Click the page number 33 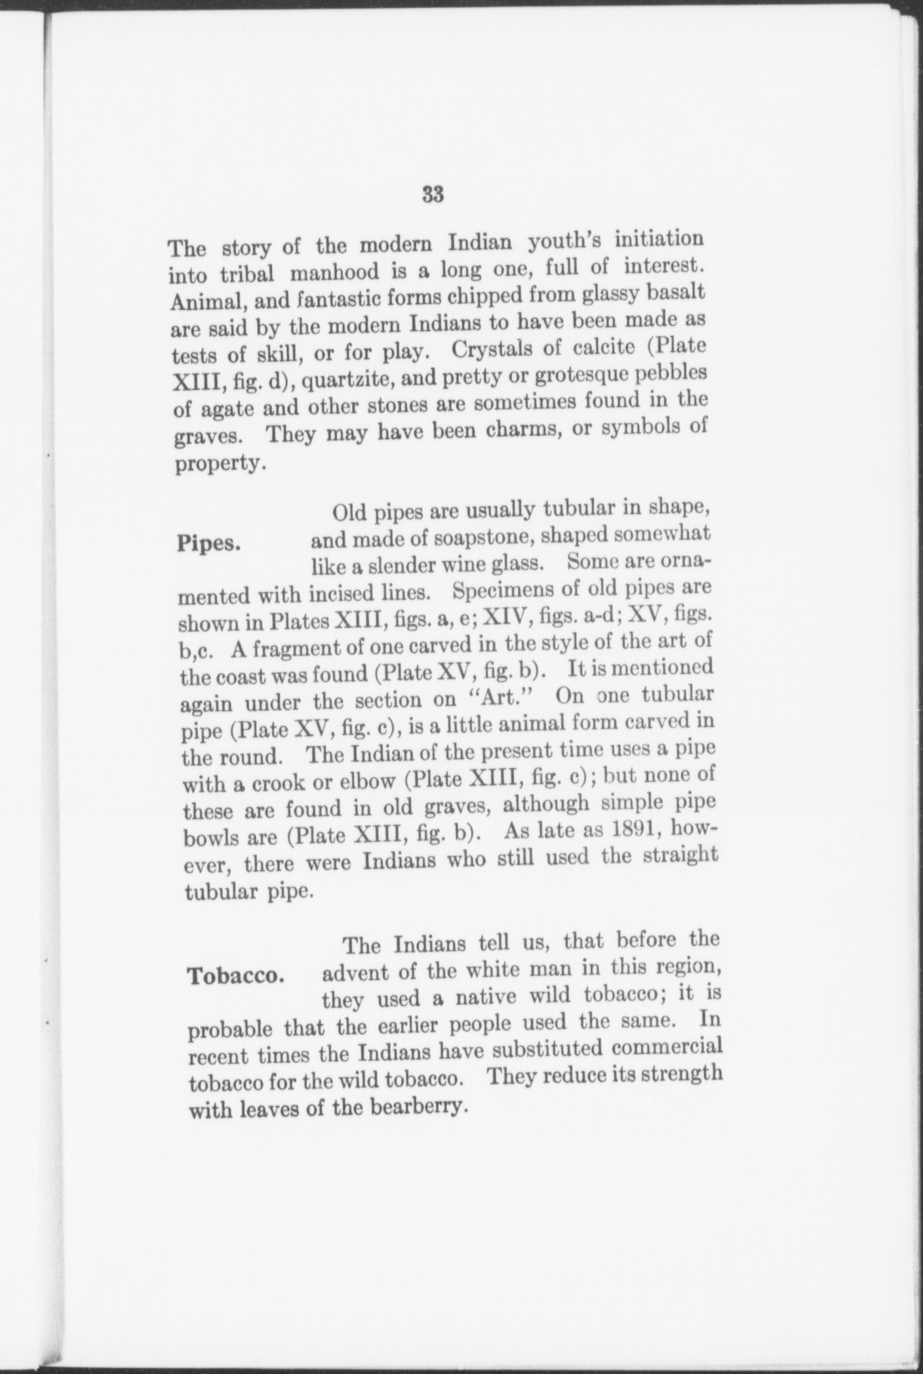433,195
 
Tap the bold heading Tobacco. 236,975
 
